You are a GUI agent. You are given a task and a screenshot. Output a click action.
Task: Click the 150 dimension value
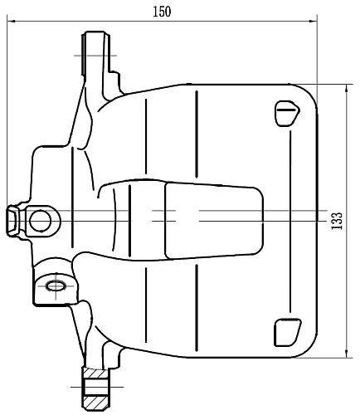162,11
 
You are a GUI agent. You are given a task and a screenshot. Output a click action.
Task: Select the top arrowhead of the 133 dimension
345,87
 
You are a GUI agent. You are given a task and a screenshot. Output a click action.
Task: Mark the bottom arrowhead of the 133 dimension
345,354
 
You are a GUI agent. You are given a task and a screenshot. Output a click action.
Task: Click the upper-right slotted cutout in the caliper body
286,112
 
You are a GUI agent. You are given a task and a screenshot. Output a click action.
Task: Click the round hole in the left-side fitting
40,220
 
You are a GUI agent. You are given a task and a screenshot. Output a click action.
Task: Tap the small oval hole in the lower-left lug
56,286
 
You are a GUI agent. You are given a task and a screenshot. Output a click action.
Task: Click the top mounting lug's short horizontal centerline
95,56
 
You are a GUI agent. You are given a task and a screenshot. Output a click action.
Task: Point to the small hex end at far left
13,220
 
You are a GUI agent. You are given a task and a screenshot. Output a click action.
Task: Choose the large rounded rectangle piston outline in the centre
213,219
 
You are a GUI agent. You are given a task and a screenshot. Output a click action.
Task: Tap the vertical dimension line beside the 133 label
345,166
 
